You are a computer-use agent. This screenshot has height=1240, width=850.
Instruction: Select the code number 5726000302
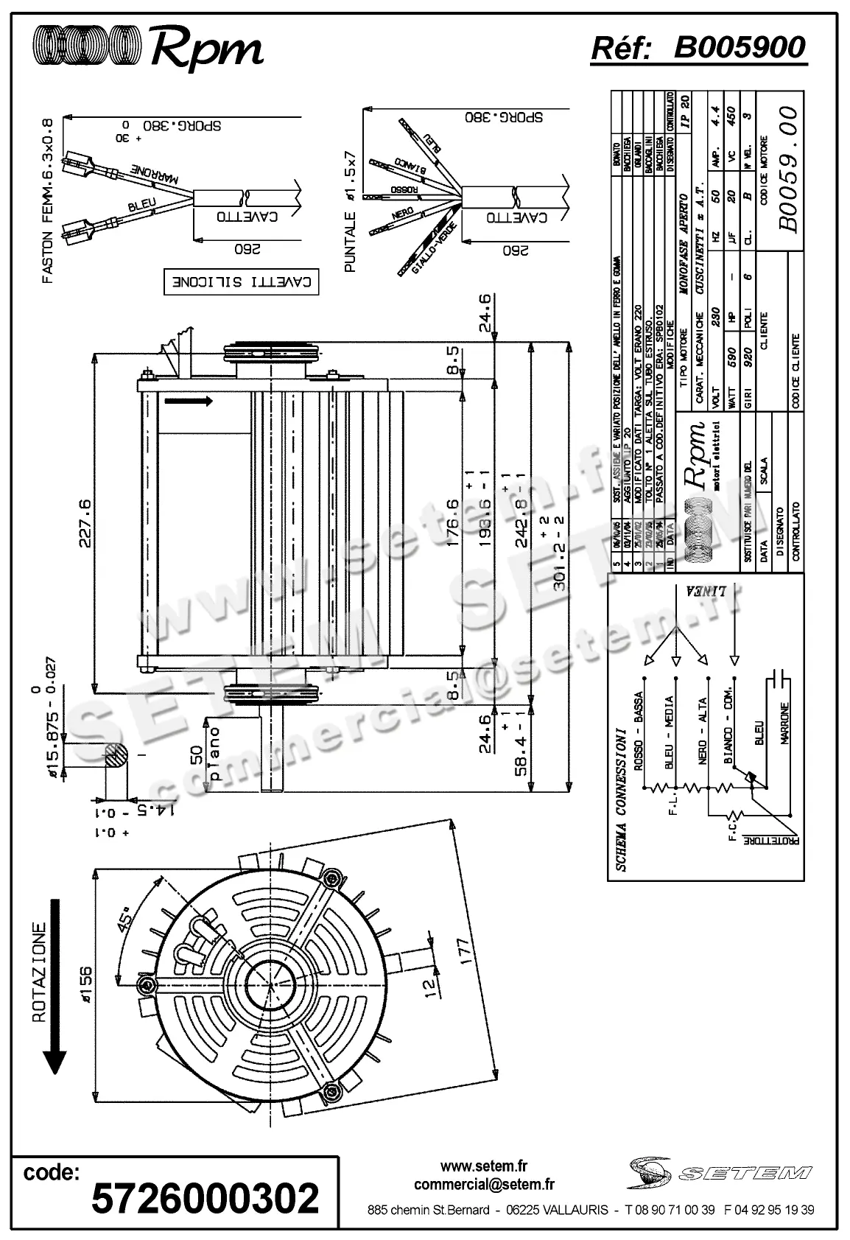(205, 1198)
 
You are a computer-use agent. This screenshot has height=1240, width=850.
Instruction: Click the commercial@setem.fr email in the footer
(484, 1184)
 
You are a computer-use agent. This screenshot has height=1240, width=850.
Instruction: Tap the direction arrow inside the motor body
(189, 401)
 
